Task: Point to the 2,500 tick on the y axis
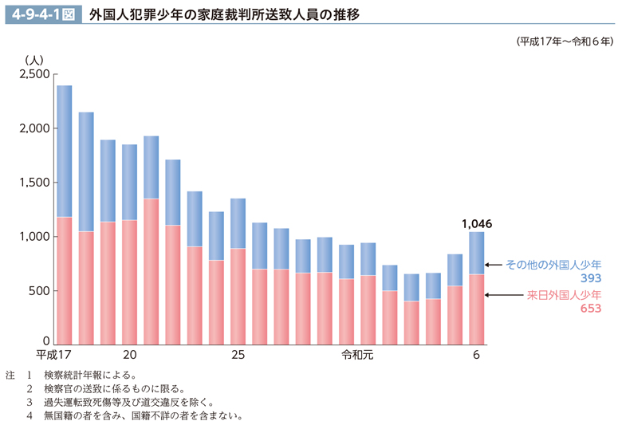click(34, 74)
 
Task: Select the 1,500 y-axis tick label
click(34, 183)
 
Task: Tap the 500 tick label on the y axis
click(40, 291)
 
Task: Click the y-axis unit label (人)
click(34, 60)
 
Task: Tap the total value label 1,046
click(476, 224)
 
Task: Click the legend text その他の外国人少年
click(553, 264)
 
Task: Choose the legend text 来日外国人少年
click(565, 295)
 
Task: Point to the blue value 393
click(590, 278)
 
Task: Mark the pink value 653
click(590, 309)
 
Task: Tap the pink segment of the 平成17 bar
click(65, 279)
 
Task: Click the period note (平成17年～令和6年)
click(565, 41)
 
